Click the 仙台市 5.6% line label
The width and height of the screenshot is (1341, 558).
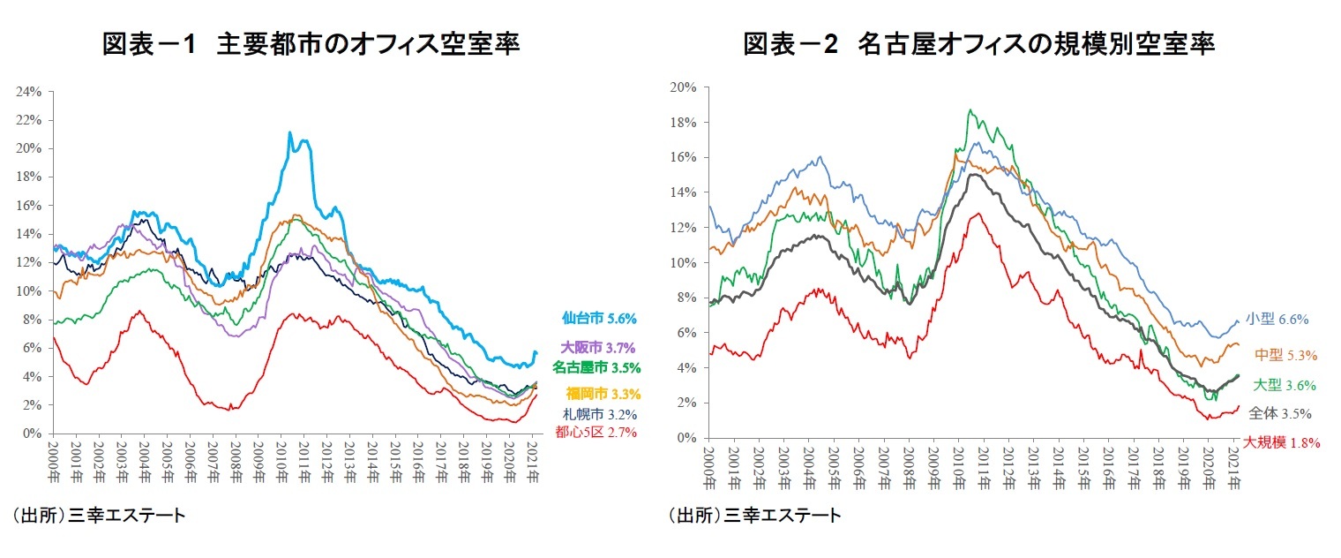point(599,319)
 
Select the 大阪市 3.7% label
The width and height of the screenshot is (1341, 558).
point(598,348)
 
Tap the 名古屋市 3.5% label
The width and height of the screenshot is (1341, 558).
point(596,367)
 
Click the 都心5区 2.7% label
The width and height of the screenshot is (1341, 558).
point(596,432)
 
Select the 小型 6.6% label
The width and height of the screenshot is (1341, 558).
point(1277,320)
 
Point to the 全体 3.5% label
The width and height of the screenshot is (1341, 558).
point(1280,412)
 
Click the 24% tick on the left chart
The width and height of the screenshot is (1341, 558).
point(29,91)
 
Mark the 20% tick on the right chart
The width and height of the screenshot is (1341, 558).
point(685,87)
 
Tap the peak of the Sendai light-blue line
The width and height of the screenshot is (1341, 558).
point(289,132)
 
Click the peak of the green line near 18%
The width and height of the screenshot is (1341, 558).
point(970,110)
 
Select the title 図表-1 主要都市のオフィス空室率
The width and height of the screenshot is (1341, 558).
point(311,44)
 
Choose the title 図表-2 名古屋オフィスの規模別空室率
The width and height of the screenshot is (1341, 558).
point(978,44)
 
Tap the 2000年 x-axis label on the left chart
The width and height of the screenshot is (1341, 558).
point(53,460)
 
